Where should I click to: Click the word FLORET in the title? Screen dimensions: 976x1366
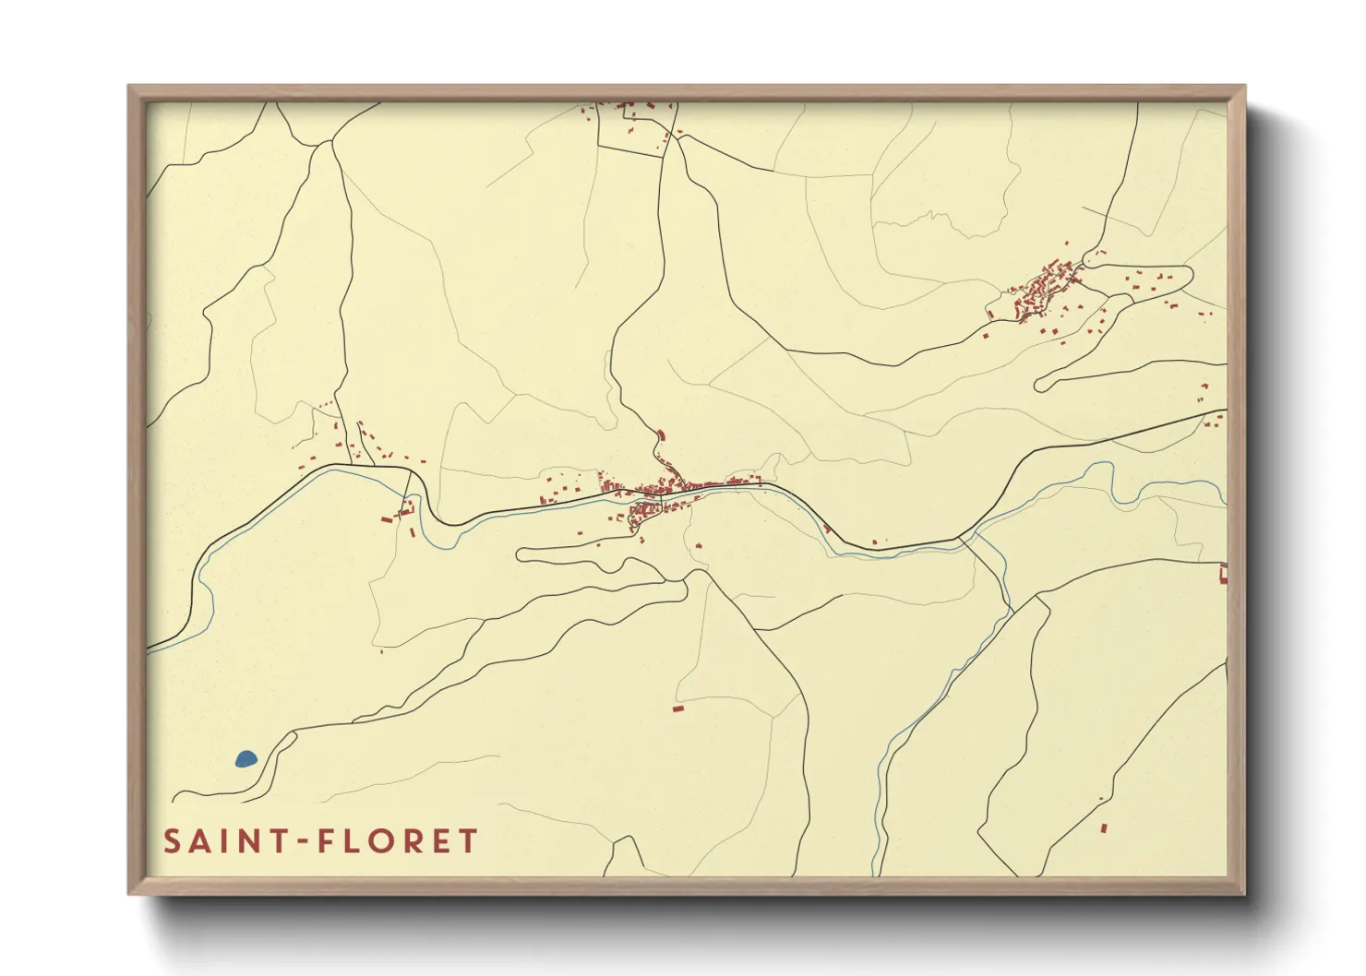[398, 841]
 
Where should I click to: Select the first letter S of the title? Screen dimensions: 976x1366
[172, 841]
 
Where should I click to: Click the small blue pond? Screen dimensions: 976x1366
[246, 759]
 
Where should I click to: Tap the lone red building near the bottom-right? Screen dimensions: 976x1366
[1104, 827]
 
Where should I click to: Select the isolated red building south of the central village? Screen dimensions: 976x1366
[678, 708]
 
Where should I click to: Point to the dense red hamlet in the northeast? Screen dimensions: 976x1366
[1043, 291]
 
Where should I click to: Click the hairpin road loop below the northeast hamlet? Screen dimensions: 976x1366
[1042, 384]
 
